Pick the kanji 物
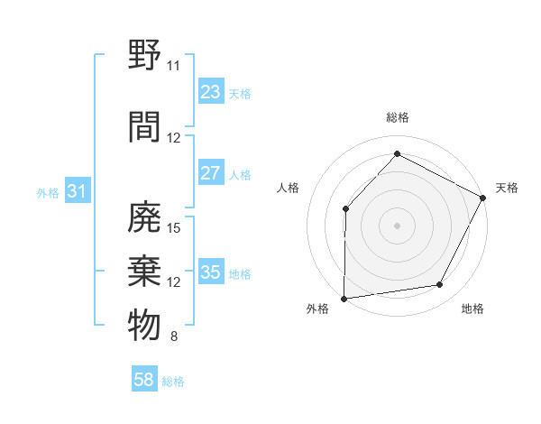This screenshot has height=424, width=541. (x=145, y=325)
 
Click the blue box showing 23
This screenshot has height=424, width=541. (x=210, y=92)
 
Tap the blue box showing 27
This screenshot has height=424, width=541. (x=210, y=173)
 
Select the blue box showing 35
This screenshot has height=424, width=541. (x=210, y=272)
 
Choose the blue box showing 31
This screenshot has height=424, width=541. (x=77, y=191)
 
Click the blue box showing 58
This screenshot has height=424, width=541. (x=144, y=380)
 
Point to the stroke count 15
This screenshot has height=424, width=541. (x=175, y=227)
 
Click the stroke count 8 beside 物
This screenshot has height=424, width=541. (x=174, y=337)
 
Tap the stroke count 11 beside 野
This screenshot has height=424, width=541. (x=173, y=65)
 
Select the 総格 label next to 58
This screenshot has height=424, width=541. (x=173, y=382)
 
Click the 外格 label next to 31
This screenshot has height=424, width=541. (x=48, y=192)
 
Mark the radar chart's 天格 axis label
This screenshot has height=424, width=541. (x=507, y=188)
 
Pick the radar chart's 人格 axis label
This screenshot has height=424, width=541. (x=288, y=188)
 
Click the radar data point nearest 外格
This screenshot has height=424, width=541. (x=344, y=298)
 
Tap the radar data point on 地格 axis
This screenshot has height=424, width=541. (x=440, y=285)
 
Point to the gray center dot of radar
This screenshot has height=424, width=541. (x=397, y=225)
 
